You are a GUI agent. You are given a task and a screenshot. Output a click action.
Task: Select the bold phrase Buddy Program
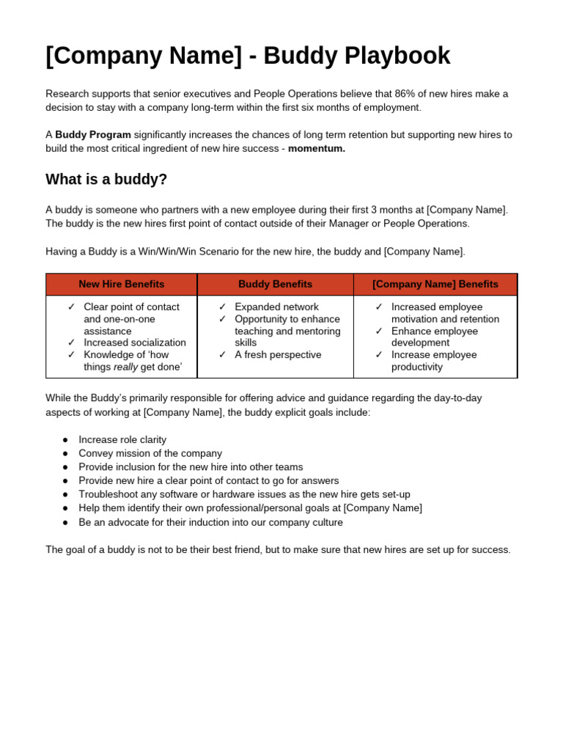[x=93, y=135]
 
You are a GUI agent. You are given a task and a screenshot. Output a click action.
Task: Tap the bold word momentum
[x=317, y=149]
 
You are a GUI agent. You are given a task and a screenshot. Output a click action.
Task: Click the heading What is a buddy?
[x=106, y=180]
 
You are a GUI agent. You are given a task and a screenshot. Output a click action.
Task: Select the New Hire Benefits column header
[x=122, y=285]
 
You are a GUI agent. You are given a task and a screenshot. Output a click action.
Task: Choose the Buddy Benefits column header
[x=275, y=285]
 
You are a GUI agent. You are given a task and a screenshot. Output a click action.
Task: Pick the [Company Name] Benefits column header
[x=435, y=285]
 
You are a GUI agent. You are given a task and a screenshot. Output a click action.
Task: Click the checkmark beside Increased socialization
[x=71, y=343]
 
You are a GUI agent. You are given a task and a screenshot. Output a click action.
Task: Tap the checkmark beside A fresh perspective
[x=222, y=355]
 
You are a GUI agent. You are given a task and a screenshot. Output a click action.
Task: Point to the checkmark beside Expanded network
[x=222, y=307]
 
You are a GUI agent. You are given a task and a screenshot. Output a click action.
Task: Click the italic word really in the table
[x=125, y=367]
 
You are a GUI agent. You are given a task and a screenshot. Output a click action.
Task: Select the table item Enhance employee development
[x=434, y=337]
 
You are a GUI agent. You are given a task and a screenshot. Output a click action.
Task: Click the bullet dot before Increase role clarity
[x=65, y=440]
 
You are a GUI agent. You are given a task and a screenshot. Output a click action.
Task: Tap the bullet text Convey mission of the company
[x=150, y=454]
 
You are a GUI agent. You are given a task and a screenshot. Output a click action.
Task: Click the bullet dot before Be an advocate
[x=65, y=522]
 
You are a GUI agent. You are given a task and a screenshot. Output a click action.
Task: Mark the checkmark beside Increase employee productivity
[x=379, y=355]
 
